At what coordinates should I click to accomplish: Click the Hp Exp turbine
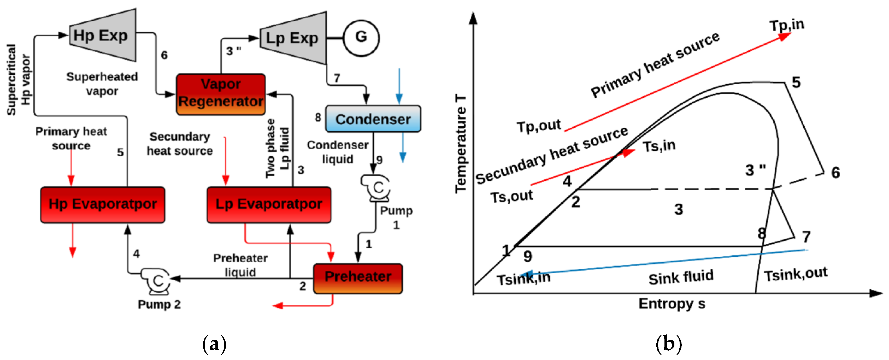(x=103, y=36)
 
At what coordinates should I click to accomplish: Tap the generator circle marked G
(x=361, y=38)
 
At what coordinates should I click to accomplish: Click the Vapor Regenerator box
(x=221, y=94)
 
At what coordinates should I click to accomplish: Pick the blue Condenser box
(x=373, y=119)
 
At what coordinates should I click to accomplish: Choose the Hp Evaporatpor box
(x=103, y=205)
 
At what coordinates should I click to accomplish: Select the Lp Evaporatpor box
(x=269, y=205)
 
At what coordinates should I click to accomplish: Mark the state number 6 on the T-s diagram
(x=835, y=173)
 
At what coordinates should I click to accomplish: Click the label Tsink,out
(x=796, y=274)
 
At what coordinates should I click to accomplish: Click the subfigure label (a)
(x=214, y=344)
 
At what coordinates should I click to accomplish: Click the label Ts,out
(x=511, y=197)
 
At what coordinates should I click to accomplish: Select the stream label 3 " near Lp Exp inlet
(x=234, y=51)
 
